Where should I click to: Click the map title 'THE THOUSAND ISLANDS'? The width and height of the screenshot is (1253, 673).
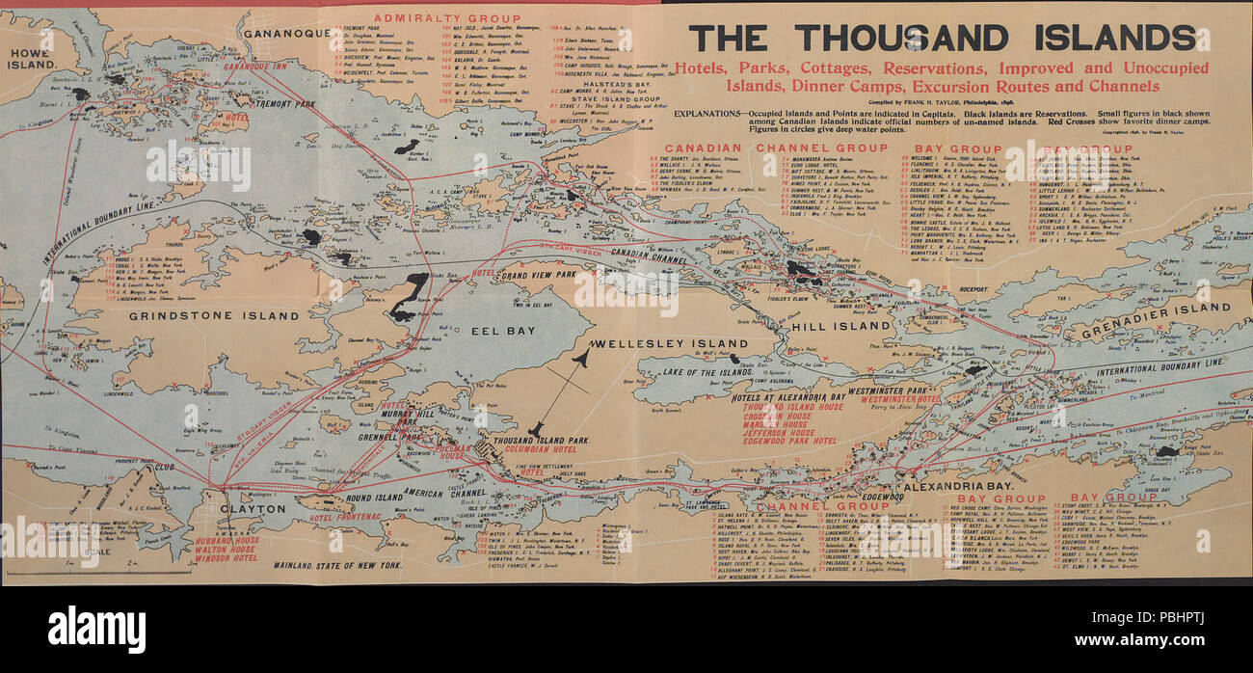943,38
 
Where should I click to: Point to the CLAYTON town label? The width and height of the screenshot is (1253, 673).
253,508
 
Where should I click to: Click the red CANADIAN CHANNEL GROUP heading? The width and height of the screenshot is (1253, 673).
768,148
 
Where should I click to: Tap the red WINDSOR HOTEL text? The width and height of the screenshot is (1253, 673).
225,558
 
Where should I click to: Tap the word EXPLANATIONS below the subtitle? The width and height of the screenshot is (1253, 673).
708,113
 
